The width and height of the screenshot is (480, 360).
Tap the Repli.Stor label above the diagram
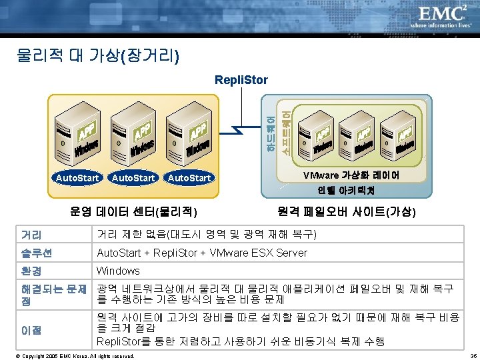[x=241, y=80]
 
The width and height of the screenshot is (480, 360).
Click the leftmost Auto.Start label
[x=77, y=178]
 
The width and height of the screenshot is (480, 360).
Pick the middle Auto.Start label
[x=133, y=178]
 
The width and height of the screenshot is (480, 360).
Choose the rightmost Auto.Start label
[x=189, y=178]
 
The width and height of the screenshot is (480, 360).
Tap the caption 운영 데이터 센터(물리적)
[x=133, y=212]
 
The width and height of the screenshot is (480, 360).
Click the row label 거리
[x=31, y=235]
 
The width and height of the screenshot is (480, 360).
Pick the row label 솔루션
[x=36, y=253]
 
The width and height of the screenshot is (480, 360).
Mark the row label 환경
[x=31, y=271]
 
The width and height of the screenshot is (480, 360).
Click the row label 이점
[x=31, y=330]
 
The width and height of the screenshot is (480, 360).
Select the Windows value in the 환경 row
[x=118, y=271]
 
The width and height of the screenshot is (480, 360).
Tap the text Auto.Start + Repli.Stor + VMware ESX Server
[x=202, y=253]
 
